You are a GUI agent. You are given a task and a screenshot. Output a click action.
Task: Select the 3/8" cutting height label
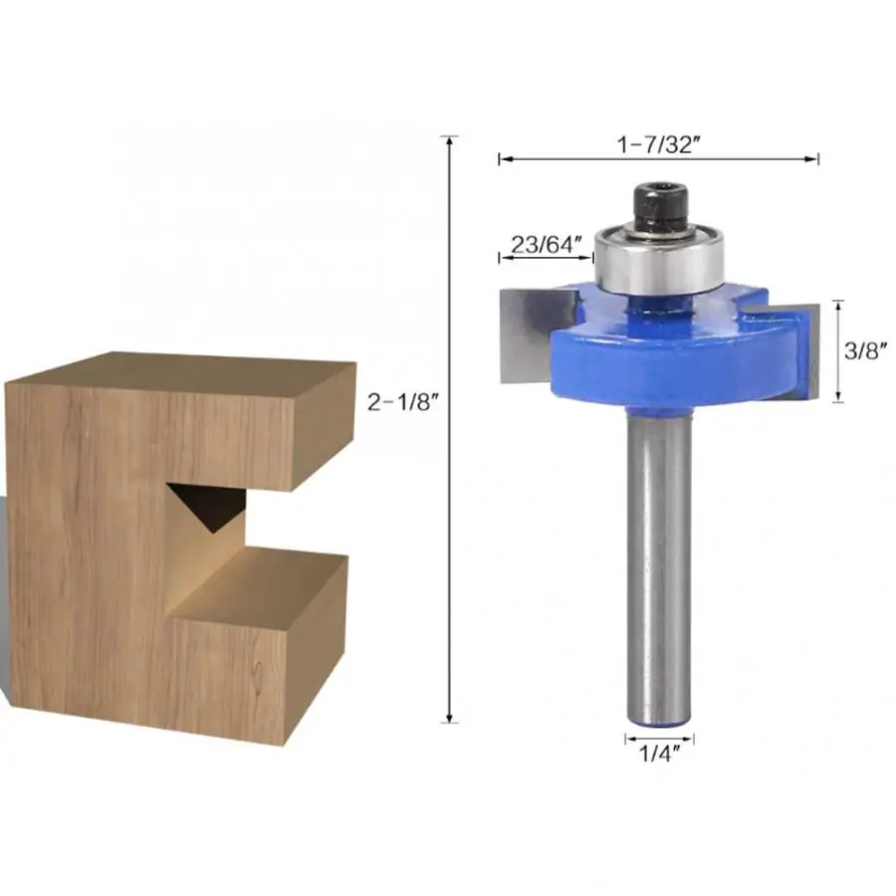pyautogui.click(x=863, y=350)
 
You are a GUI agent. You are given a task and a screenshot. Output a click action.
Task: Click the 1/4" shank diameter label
pyautogui.click(x=659, y=758)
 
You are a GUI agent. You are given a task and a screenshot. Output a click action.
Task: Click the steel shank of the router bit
pyautogui.click(x=658, y=558)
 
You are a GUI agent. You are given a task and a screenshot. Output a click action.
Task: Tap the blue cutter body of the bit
pyautogui.click(x=677, y=358)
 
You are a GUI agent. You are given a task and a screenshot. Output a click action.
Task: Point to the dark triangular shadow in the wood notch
pyautogui.click(x=206, y=509)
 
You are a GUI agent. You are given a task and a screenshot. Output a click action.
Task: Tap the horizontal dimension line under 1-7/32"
pyautogui.click(x=659, y=158)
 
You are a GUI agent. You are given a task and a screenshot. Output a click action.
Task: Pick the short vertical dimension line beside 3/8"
pyautogui.click(x=838, y=350)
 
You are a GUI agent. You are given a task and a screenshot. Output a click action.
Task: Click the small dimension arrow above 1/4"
pyautogui.click(x=659, y=739)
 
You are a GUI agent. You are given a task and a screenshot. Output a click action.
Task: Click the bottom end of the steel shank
pyautogui.click(x=659, y=714)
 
